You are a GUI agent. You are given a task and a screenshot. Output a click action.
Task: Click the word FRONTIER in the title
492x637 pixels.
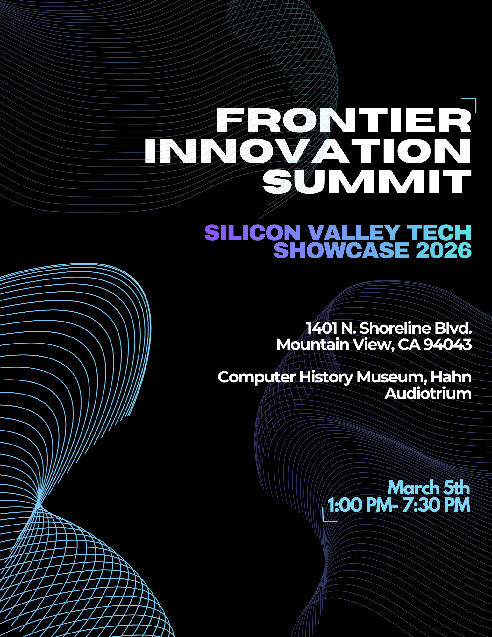(x=344, y=120)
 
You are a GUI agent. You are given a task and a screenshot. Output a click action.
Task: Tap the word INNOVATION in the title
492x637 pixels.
(x=308, y=151)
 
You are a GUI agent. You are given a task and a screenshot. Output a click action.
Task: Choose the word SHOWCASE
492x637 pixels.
(x=341, y=250)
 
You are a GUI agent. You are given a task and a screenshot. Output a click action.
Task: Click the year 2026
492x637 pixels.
(x=444, y=250)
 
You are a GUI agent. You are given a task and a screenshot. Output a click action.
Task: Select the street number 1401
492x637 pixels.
(x=321, y=328)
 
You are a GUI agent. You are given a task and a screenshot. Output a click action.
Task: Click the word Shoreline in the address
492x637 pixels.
(x=394, y=328)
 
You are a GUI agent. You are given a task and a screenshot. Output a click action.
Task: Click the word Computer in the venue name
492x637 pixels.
(x=257, y=378)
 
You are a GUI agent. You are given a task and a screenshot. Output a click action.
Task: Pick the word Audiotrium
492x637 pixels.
(x=428, y=394)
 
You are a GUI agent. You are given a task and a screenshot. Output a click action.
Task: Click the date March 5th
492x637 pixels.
(x=429, y=488)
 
